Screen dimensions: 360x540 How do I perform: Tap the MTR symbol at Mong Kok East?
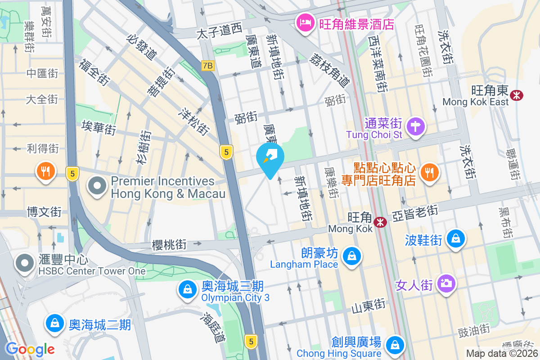pos(516,94)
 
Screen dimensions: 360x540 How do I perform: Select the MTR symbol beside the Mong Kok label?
pos(380,221)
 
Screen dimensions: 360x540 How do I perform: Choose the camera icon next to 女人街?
pos(446,283)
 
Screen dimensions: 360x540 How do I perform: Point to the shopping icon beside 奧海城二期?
pos(54,324)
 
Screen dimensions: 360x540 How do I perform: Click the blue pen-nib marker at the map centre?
pos(270,158)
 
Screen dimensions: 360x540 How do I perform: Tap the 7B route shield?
pos(207,66)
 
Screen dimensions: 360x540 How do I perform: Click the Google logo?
pos(30,349)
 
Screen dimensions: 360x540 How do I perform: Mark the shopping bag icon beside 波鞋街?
pos(456,239)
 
